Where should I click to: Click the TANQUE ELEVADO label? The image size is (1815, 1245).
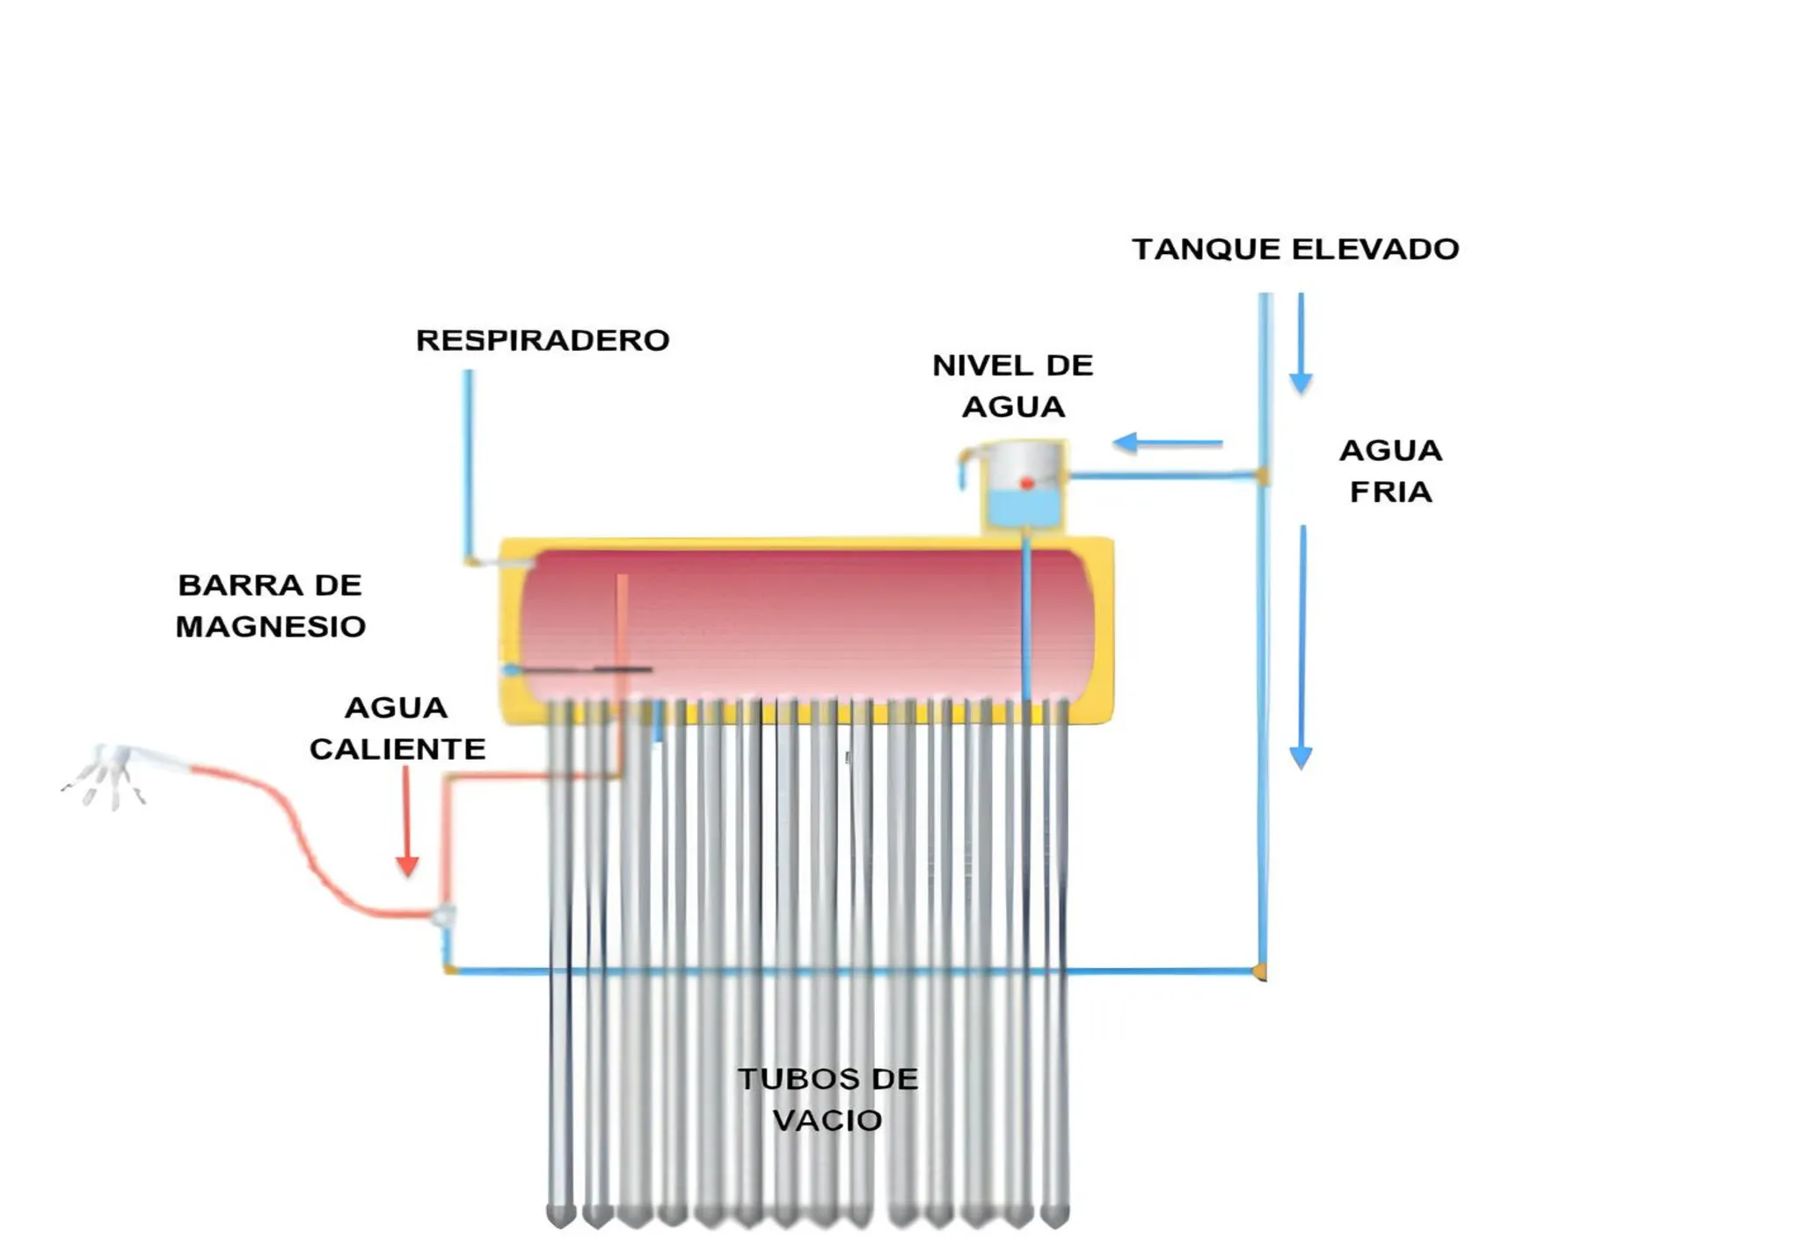[1294, 249]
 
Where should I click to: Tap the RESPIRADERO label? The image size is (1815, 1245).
[543, 340]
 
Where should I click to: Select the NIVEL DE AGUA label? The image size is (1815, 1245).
[1012, 386]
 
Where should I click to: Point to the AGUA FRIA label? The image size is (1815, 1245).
[1390, 470]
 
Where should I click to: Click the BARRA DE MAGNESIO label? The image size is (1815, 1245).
[270, 606]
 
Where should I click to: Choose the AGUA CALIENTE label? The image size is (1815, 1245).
[397, 728]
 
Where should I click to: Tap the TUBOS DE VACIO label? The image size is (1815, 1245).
[827, 1099]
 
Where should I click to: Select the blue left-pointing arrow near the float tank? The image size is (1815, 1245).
[1166, 442]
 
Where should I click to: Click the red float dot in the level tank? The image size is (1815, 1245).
[1026, 484]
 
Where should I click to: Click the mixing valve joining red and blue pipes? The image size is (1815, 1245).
[444, 916]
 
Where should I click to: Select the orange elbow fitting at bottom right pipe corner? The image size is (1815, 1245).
[1260, 971]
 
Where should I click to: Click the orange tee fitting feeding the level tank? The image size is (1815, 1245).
[1263, 476]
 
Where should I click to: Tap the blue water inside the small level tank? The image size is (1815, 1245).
[1023, 508]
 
